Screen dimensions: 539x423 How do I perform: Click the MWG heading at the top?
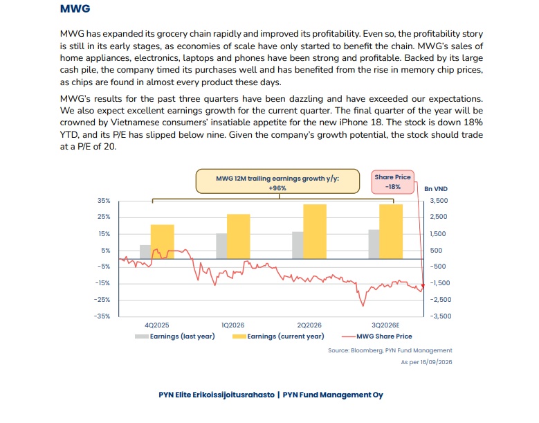75,8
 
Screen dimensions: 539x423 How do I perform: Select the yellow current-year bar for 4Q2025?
163,242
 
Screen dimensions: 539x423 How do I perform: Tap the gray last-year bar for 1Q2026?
221,246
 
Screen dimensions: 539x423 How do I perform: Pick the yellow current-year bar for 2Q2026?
315,231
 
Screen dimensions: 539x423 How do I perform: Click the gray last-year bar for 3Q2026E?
374,244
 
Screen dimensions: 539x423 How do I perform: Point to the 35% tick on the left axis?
104,201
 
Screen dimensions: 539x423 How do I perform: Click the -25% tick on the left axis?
102,300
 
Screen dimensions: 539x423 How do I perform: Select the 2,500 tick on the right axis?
439,217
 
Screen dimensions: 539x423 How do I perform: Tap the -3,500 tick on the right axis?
441,316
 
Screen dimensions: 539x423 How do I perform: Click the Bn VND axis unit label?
436,189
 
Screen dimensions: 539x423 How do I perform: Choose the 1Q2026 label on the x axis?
233,325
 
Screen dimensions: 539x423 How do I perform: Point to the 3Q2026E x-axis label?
385,325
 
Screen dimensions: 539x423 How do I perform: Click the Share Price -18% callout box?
393,182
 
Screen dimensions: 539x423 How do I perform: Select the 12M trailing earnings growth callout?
277,181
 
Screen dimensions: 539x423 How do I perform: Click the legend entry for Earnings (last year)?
175,336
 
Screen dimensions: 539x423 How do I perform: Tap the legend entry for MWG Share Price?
377,336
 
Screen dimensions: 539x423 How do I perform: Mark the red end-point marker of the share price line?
423,285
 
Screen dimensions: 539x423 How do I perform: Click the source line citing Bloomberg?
390,350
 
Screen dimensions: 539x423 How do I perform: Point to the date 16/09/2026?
436,362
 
